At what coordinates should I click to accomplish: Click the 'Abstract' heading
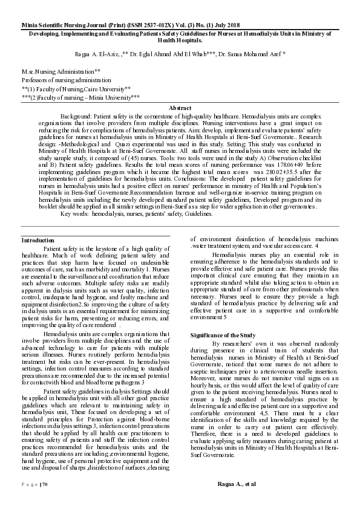[180, 108]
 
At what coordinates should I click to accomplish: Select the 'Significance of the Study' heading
[223, 334]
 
